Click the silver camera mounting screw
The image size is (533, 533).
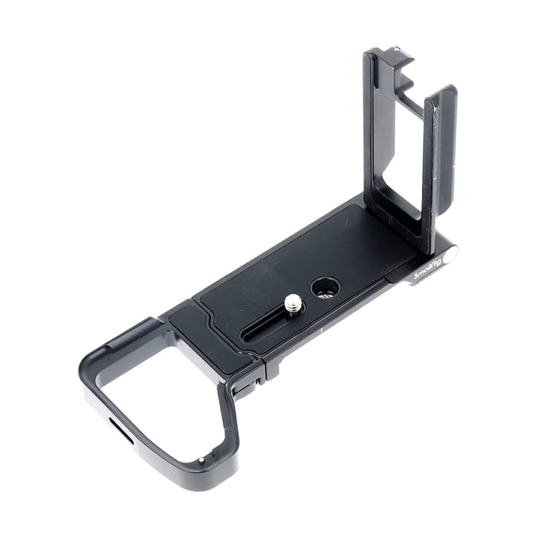(x=292, y=303)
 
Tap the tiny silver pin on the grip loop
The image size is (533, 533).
(x=201, y=460)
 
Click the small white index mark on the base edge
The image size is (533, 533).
(x=321, y=331)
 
